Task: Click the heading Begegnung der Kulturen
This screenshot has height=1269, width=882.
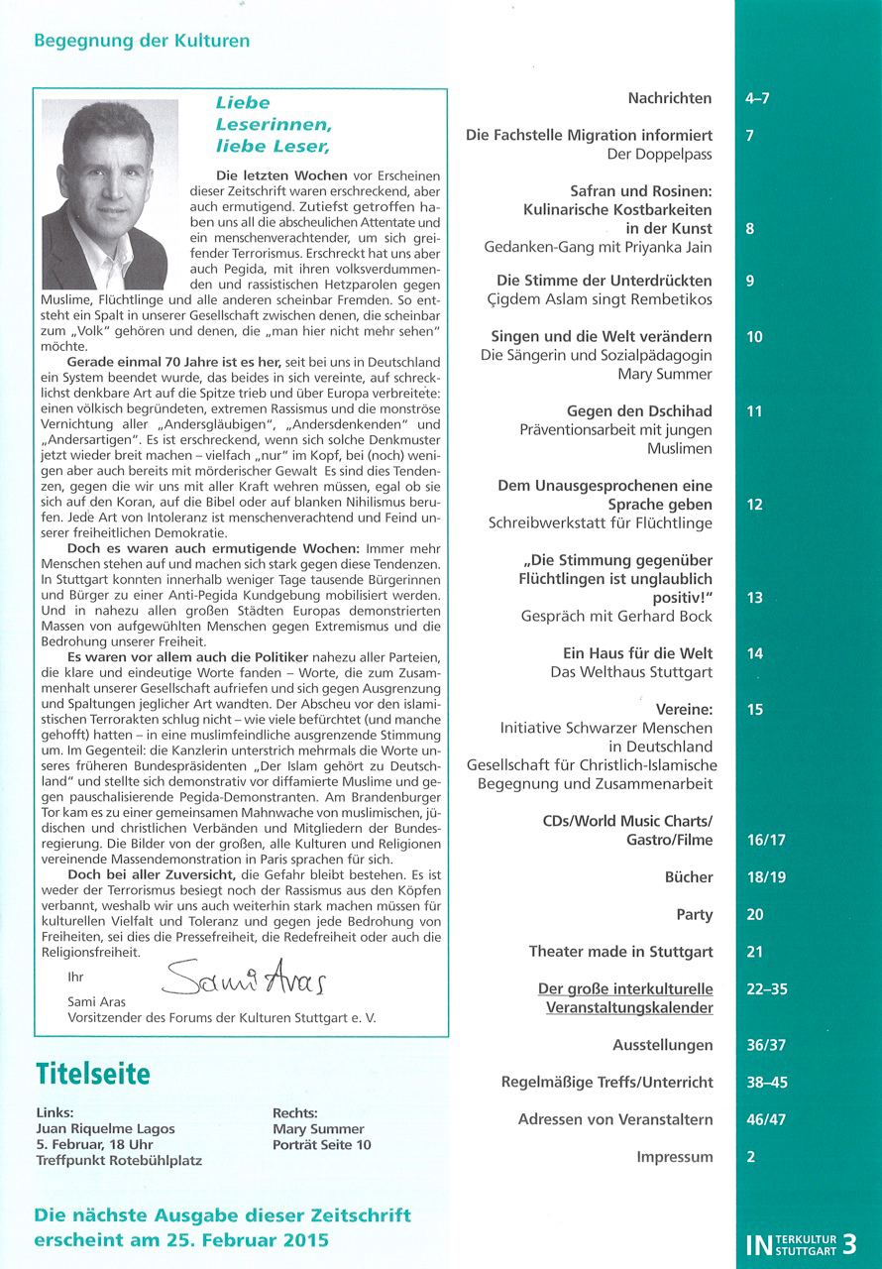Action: [142, 42]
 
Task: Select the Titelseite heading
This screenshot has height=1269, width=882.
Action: [93, 1073]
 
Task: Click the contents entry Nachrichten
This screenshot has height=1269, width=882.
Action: [670, 98]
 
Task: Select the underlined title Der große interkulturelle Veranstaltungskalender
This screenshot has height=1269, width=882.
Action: [625, 998]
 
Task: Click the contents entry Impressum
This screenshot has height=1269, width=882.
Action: [675, 1157]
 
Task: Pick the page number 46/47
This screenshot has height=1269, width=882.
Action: [764, 1119]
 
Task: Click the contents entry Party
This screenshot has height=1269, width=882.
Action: [694, 914]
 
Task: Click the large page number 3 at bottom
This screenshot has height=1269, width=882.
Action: [849, 1244]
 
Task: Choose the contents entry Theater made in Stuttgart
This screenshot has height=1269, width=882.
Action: [620, 952]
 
